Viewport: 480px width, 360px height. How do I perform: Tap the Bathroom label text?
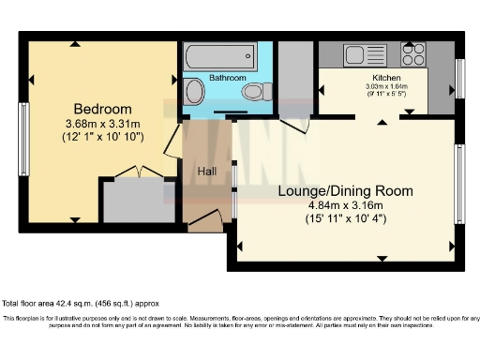click(227, 78)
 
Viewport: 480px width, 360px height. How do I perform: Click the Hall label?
click(207, 172)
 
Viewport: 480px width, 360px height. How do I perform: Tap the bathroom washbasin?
click(194, 92)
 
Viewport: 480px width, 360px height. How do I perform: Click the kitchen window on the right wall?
click(459, 79)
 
